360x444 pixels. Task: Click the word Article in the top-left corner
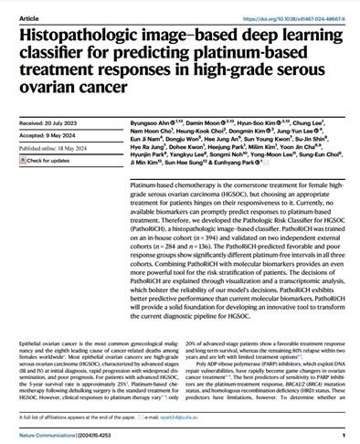17,6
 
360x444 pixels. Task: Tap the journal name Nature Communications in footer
41,435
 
